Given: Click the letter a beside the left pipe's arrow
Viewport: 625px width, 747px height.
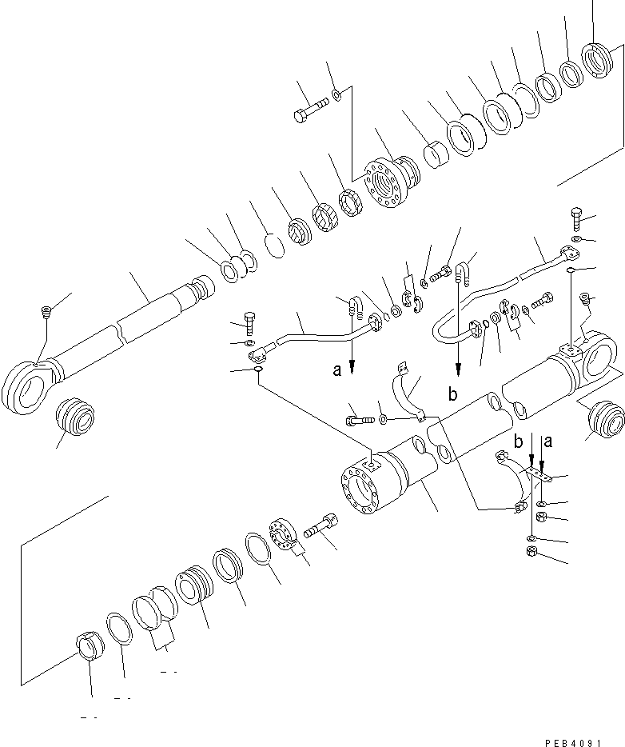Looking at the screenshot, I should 336,370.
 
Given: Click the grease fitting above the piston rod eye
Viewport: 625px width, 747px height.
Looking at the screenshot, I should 44,311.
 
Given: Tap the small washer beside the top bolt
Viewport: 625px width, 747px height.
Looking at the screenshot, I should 338,95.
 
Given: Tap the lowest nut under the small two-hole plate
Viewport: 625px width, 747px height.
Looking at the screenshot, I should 532,553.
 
